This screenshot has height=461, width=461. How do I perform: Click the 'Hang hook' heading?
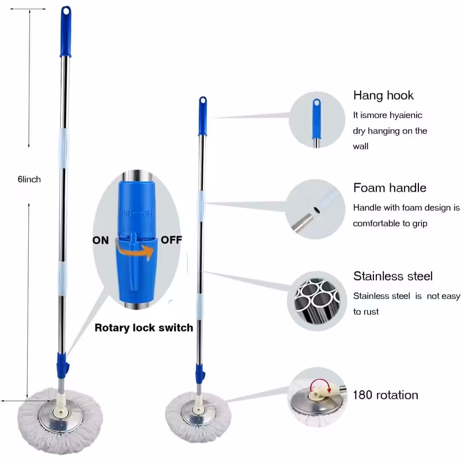coord(383,96)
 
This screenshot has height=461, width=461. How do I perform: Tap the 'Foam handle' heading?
coord(390,188)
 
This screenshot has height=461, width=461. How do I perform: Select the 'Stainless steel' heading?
coord(392,276)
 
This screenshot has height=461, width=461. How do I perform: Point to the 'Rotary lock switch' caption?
coord(143,328)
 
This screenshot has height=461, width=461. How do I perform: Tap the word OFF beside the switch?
coord(172,240)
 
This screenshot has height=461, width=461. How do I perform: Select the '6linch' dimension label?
coord(29,179)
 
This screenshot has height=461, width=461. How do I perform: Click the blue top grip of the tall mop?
coord(66,32)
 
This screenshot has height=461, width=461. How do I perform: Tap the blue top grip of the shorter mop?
coord(203,115)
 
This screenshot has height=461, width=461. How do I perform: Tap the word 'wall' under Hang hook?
coord(361,146)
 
